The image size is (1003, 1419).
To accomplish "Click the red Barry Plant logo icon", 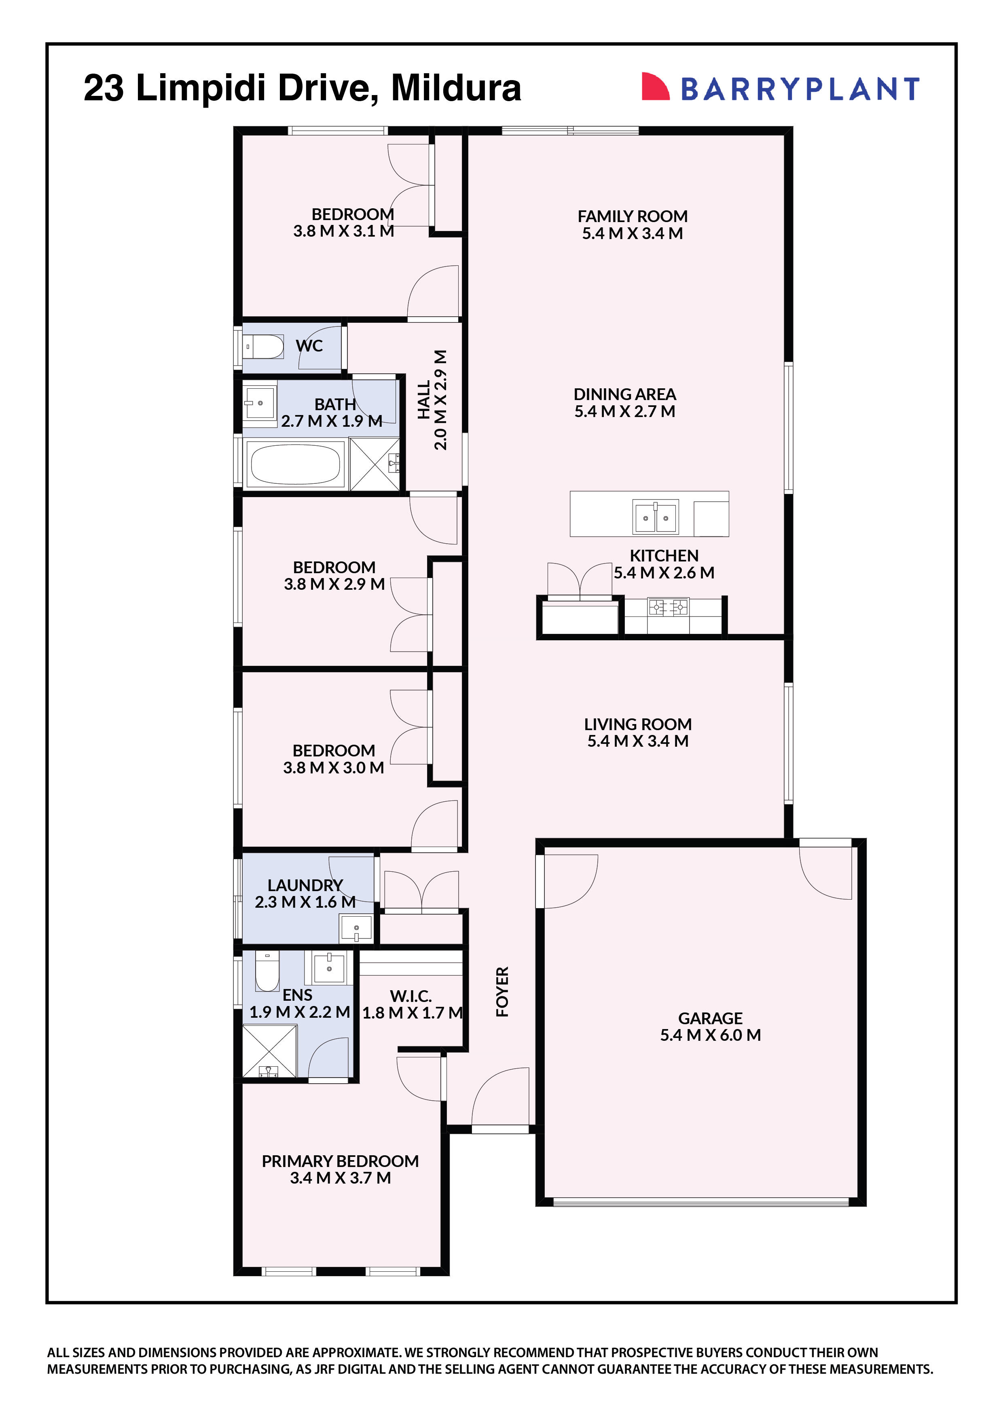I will (655, 87).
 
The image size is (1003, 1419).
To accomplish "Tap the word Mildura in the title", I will (456, 88).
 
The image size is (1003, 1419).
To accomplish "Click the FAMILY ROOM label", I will (632, 216).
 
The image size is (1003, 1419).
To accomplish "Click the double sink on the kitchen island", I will (655, 517).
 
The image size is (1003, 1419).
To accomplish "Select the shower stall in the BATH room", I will (374, 464).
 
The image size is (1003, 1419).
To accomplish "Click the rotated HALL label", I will (424, 400).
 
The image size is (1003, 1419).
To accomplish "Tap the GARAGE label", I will (710, 1018).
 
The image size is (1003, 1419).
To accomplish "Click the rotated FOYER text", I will (502, 991).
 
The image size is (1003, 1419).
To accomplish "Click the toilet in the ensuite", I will (267, 971).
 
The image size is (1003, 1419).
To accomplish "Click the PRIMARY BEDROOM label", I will (340, 1161).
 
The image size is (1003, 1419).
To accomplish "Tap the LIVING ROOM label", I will (638, 724).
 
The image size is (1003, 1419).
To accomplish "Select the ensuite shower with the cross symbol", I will (269, 1050).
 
